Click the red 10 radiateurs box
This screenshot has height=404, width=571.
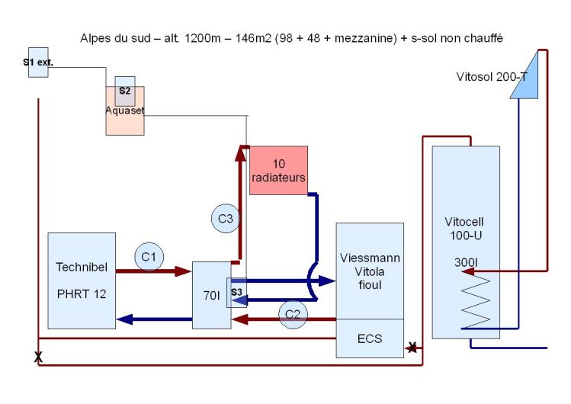pyautogui.click(x=278, y=170)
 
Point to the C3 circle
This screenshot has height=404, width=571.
pyautogui.click(x=225, y=219)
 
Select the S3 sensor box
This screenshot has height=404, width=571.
pyautogui.click(x=236, y=292)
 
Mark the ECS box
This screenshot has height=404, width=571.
pyautogui.click(x=370, y=337)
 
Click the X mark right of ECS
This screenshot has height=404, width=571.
pyautogui.click(x=412, y=348)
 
